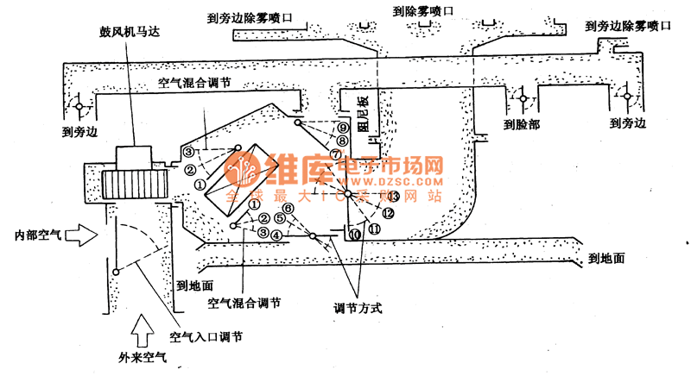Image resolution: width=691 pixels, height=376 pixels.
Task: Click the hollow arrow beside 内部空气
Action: [x=86, y=234]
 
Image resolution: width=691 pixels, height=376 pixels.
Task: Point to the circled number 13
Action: [x=394, y=197]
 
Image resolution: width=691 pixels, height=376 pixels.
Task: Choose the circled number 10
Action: [x=356, y=235]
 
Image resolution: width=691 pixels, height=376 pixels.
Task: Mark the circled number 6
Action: [x=288, y=208]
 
